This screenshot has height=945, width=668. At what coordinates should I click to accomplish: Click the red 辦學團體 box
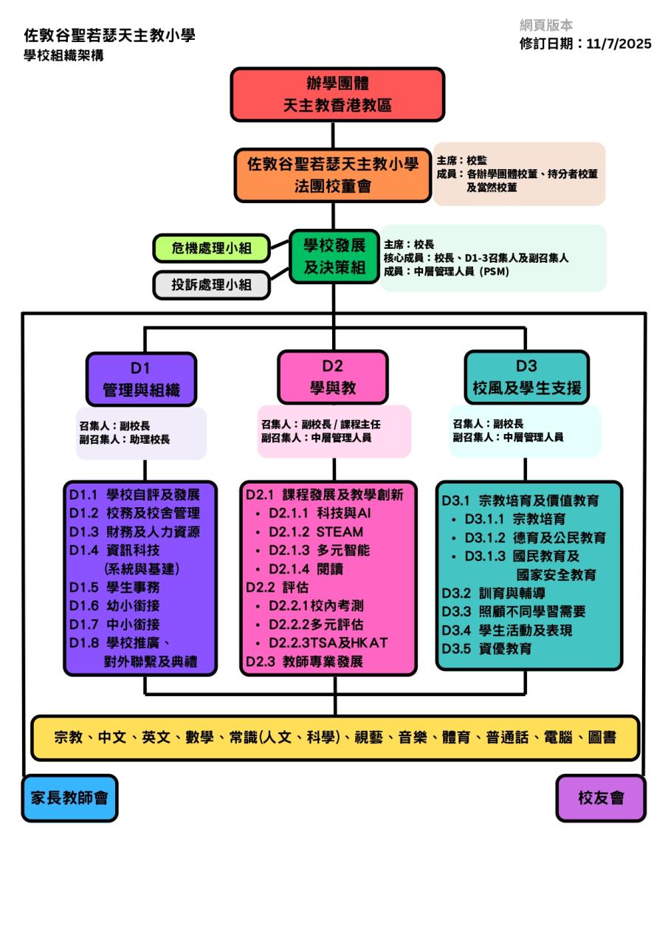coord(337,94)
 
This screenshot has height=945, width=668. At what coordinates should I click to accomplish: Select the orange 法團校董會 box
coord(333,175)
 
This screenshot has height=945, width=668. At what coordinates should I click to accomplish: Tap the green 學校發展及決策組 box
coord(334,256)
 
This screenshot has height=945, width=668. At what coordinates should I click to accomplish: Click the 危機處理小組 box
coord(211,248)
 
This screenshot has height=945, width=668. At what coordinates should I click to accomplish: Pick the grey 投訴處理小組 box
coord(211,285)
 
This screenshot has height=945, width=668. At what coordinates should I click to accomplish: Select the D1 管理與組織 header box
coord(141,379)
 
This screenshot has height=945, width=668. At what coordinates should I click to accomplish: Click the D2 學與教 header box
coord(332,377)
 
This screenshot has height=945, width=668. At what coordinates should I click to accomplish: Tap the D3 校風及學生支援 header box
coord(526,377)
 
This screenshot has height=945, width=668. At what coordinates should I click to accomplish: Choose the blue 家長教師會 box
coord(69,797)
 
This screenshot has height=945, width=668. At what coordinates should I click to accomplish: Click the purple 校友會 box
coord(600,797)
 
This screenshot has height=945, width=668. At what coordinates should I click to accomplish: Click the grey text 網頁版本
coord(546,25)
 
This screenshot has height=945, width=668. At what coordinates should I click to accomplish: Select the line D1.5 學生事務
coord(114,587)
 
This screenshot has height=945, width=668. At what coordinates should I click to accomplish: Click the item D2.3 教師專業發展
coord(304,661)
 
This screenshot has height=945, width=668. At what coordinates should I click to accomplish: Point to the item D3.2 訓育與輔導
coord(494,593)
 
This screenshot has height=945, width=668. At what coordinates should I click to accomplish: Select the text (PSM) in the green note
coord(494,271)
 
